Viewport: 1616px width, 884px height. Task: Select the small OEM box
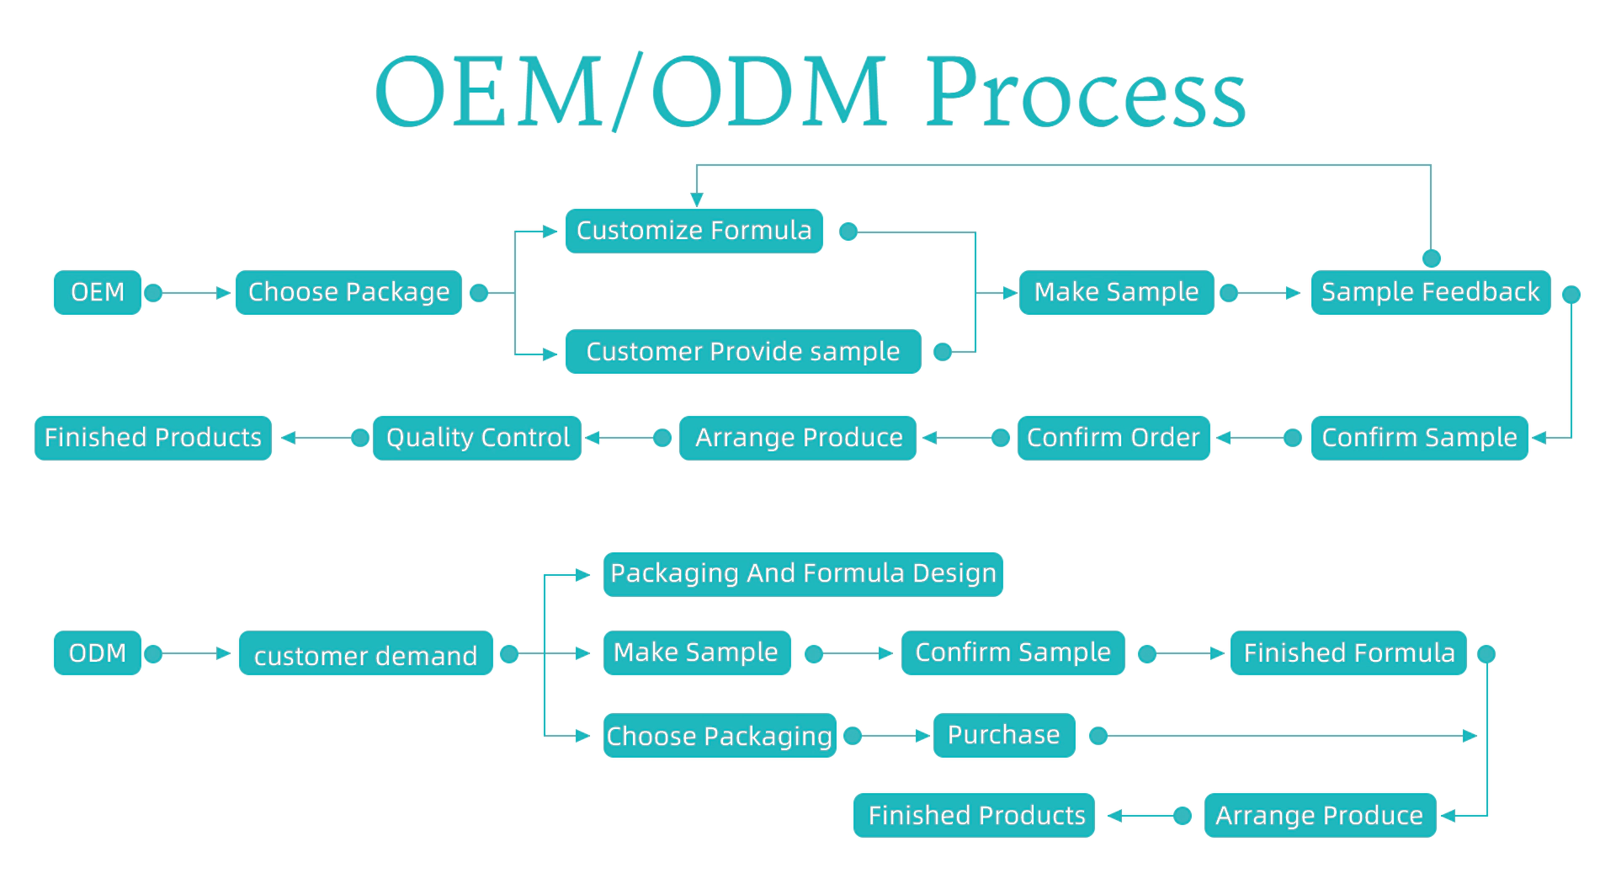click(98, 292)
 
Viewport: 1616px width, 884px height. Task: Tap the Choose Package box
click(348, 292)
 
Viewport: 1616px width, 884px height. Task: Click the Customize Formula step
click(694, 231)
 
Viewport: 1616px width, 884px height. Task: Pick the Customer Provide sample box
click(743, 351)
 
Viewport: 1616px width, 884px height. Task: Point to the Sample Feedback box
click(1431, 292)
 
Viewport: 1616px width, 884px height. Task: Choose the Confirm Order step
click(1114, 438)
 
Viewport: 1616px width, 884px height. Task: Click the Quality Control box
click(477, 438)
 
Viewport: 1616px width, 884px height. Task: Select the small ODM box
click(98, 652)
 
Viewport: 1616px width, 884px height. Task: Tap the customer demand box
click(366, 652)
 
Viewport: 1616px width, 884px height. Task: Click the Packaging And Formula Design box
click(803, 574)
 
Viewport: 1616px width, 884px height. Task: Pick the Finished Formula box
click(1348, 652)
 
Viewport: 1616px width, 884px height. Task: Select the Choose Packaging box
click(720, 735)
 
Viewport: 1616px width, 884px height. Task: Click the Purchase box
click(1004, 735)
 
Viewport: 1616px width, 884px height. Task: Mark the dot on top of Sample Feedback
click(1431, 258)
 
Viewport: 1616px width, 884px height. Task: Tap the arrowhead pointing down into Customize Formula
click(697, 200)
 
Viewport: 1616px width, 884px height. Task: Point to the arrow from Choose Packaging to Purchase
click(890, 736)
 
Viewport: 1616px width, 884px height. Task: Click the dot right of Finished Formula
click(1486, 654)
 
